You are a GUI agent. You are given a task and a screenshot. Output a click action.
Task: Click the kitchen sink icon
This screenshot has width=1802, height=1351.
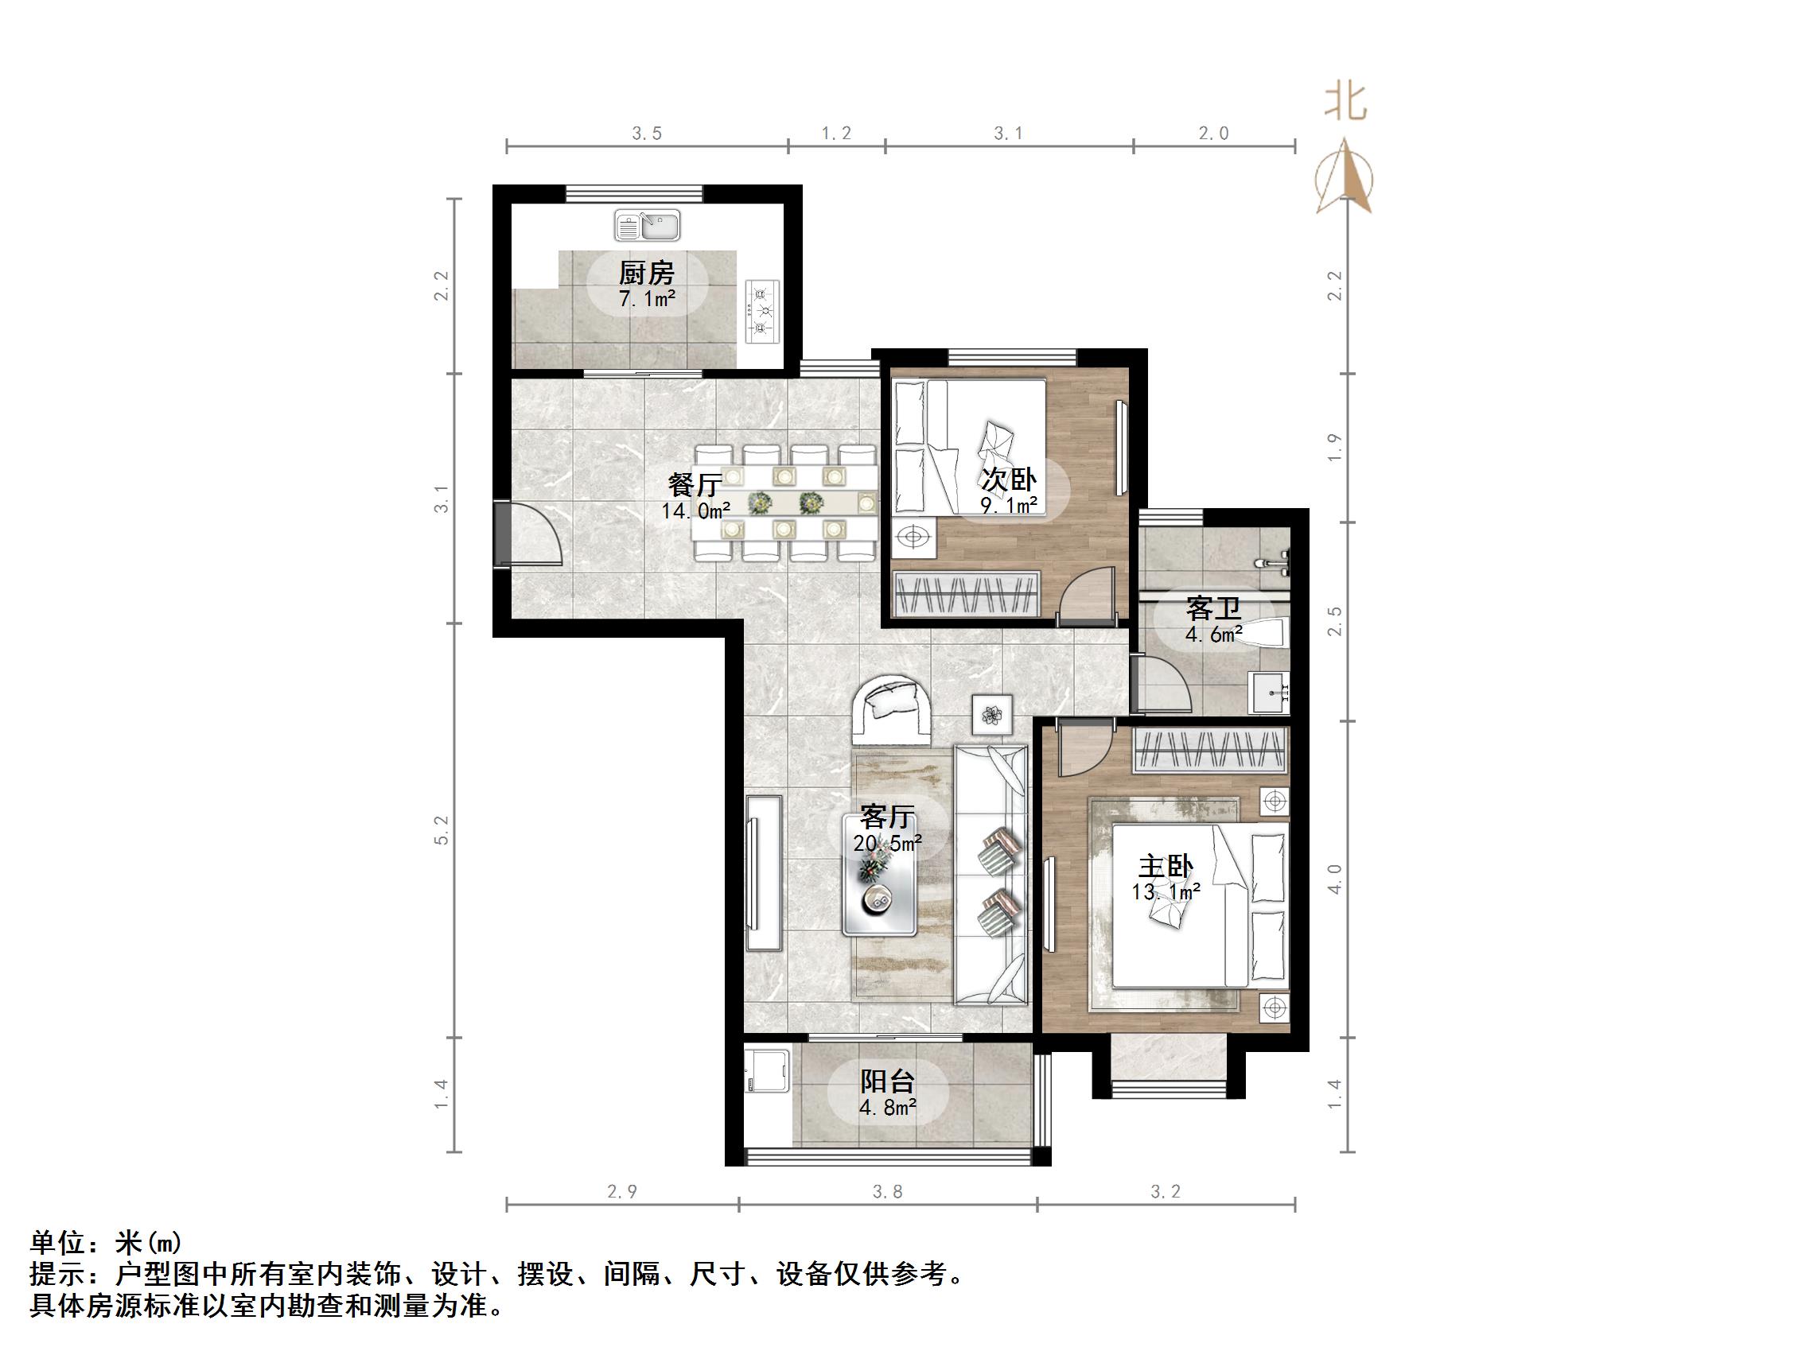648,226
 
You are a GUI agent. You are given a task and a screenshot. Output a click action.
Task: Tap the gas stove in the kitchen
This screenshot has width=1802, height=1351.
762,311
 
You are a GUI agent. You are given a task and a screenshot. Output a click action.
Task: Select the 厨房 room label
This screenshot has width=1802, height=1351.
647,273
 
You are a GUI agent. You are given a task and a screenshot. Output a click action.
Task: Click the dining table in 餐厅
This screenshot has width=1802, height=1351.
784,503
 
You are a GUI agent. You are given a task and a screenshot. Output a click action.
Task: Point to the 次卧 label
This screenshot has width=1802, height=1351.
1009,479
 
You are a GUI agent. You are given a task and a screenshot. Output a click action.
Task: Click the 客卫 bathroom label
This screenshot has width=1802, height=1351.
1213,608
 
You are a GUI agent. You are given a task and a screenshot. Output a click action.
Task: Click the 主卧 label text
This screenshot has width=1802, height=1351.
1166,866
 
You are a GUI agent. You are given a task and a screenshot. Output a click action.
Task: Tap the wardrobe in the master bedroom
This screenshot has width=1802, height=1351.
1211,749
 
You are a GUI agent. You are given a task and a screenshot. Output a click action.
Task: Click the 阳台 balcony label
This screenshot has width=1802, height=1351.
887,1081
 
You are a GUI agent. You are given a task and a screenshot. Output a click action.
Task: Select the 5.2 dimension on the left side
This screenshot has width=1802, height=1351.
442,830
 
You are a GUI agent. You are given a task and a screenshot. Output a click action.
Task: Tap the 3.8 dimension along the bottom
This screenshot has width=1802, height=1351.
887,1192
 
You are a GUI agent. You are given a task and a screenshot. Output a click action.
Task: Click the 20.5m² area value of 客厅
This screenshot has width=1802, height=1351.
887,843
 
